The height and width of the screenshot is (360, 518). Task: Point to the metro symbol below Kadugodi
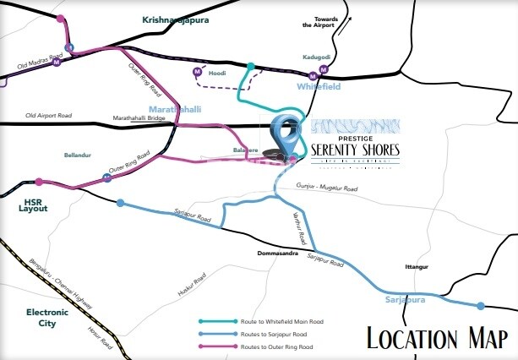coord(322,68)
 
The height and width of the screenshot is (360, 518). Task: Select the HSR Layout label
coord(34,205)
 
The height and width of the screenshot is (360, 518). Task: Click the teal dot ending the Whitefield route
coord(250,65)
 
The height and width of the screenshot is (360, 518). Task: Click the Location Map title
coord(436,336)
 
